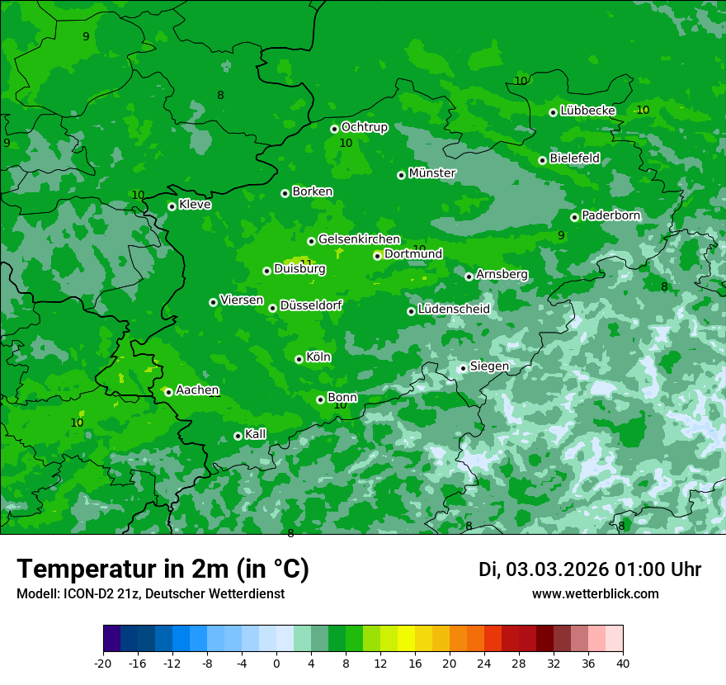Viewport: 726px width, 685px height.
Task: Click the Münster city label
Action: tap(432, 173)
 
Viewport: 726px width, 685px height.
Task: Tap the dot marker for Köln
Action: tap(299, 359)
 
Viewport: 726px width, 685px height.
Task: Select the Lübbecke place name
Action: tap(587, 111)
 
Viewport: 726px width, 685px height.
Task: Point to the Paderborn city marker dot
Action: tap(574, 217)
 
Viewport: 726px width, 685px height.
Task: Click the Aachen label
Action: tap(197, 390)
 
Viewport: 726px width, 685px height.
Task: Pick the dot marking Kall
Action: tap(238, 436)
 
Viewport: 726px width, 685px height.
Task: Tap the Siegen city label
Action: tap(489, 366)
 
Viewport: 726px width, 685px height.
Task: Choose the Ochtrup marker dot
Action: tap(334, 129)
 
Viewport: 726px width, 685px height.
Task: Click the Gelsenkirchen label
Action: tap(359, 239)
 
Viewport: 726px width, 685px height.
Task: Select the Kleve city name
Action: tap(195, 205)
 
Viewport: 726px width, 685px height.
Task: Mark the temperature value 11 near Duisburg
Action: tap(306, 263)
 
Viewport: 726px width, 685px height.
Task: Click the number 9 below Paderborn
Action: tap(561, 235)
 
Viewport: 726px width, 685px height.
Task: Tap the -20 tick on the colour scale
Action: tap(103, 664)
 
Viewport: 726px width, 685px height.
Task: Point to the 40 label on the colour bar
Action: tap(622, 664)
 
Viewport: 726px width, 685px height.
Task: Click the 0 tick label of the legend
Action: tap(276, 664)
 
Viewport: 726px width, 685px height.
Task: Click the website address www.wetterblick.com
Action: tap(596, 593)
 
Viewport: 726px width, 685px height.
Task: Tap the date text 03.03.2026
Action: tap(557, 569)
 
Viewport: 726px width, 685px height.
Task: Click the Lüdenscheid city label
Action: tap(454, 309)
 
